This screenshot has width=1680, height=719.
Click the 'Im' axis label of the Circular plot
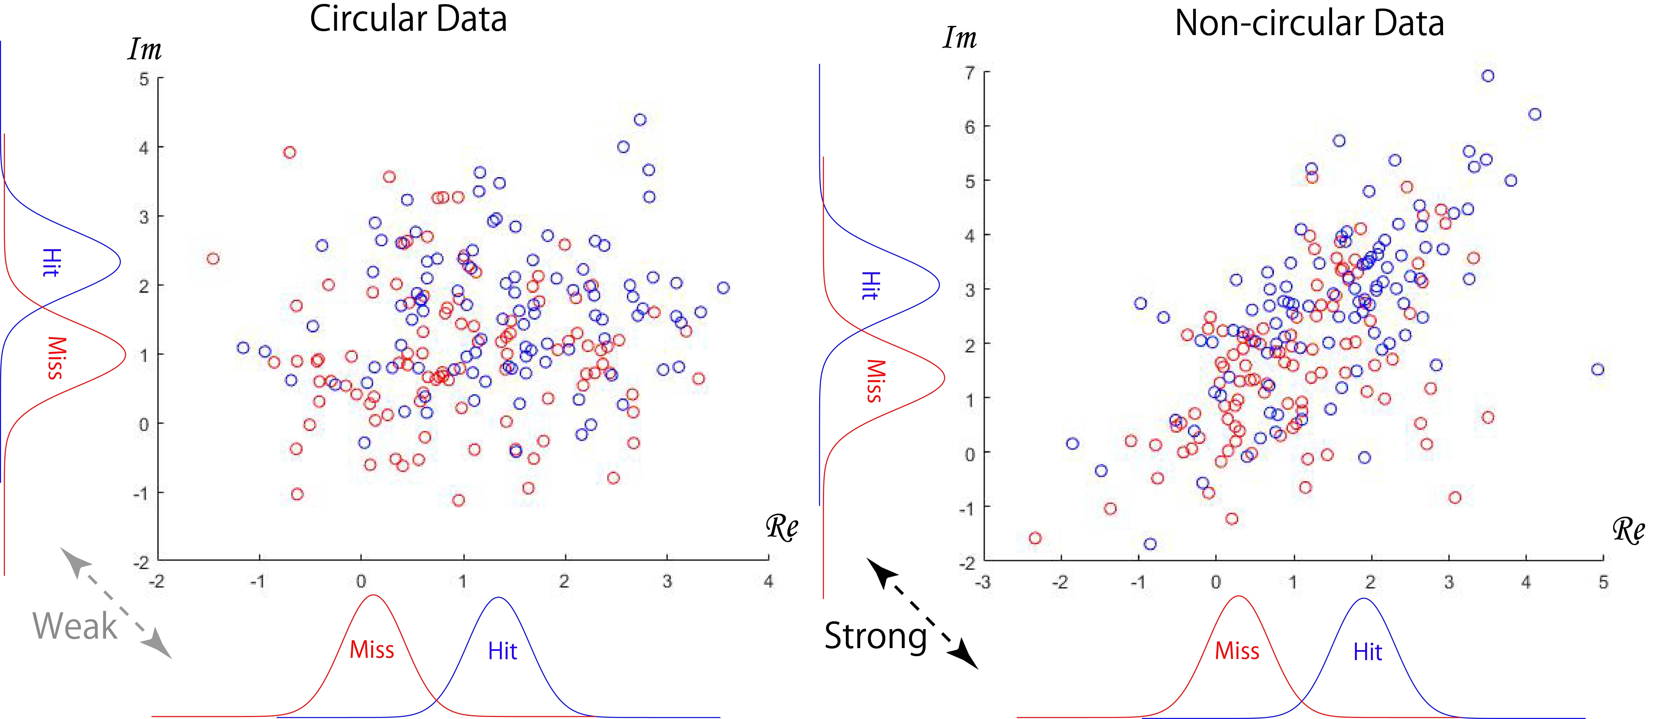click(144, 49)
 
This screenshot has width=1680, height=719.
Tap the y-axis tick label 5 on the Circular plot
click(144, 79)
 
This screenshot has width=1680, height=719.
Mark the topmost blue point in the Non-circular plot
click(1488, 76)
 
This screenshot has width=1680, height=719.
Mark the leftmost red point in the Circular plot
click(213, 259)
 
